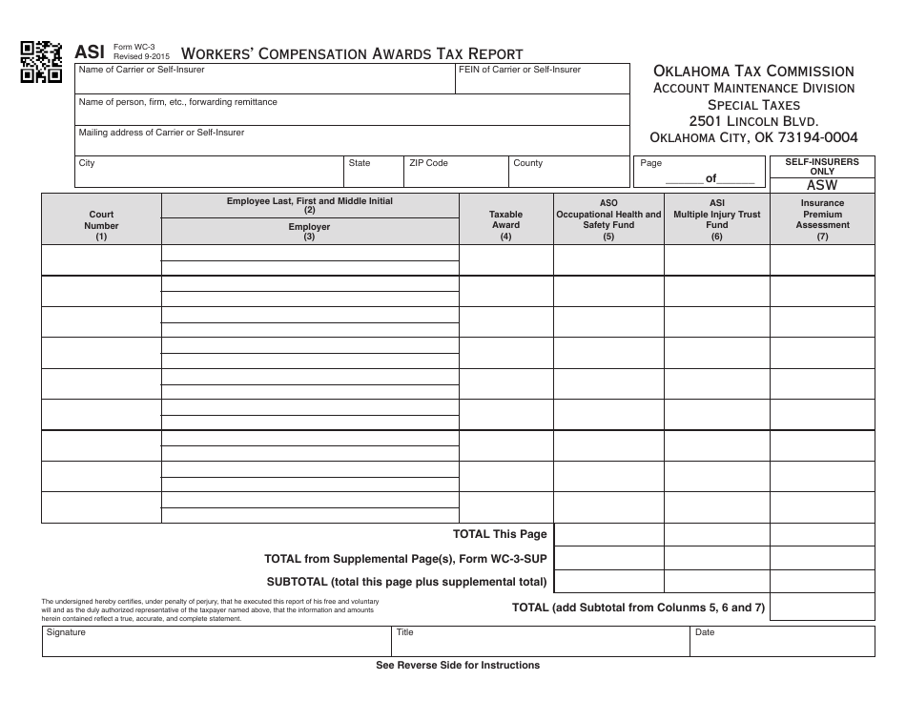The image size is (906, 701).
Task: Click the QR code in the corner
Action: (x=41, y=62)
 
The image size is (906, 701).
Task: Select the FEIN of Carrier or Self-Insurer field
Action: (x=543, y=79)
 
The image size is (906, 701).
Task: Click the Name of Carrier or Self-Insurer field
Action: (x=265, y=79)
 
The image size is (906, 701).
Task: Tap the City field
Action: (x=209, y=172)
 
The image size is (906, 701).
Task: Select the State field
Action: (x=373, y=172)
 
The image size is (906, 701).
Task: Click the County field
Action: (x=568, y=172)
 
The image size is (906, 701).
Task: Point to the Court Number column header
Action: (x=101, y=226)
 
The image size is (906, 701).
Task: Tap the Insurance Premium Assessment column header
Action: (x=822, y=219)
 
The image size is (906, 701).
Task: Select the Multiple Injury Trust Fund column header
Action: (x=717, y=219)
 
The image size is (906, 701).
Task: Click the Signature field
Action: (x=216, y=642)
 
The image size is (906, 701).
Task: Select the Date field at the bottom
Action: (x=782, y=642)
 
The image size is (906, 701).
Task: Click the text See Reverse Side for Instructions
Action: (x=458, y=666)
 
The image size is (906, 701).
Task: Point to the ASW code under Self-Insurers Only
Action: (x=822, y=186)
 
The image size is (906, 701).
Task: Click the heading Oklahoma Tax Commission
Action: (x=753, y=72)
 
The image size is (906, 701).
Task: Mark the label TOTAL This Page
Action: (x=500, y=535)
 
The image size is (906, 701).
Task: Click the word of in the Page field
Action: (x=710, y=178)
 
